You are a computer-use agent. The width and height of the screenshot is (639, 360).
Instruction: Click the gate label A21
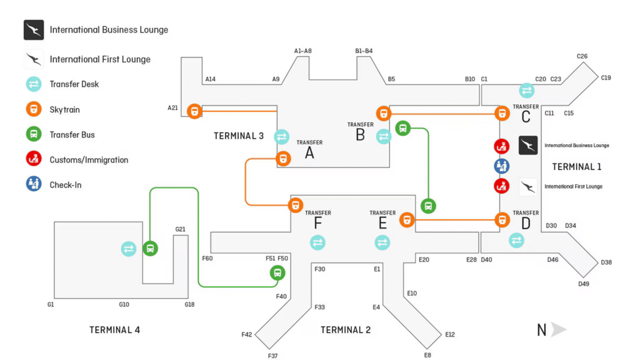pos(173,108)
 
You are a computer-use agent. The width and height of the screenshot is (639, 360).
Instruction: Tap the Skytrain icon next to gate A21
pos(195,111)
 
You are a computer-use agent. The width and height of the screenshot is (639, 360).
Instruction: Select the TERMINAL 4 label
pos(114,330)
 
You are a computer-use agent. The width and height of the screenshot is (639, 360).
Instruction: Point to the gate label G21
pos(181,230)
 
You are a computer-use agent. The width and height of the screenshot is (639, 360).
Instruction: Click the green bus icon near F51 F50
pos(277,273)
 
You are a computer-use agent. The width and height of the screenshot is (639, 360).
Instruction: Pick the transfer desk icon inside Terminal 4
pos(129,249)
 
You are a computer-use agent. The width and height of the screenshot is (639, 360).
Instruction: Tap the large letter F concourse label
pos(318,224)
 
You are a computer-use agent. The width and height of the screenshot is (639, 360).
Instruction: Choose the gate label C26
pos(582,56)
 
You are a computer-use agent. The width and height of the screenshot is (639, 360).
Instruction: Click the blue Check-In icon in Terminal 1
pos(502,166)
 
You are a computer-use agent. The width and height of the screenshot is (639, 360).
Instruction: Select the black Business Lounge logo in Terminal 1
pos(528,145)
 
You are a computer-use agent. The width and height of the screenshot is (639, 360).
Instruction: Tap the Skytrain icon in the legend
pos(34,110)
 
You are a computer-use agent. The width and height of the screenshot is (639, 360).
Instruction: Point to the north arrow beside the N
pos(559,330)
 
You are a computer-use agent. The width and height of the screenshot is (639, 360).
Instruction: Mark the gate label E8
pos(427,355)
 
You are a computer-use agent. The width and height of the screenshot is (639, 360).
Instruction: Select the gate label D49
pos(584,284)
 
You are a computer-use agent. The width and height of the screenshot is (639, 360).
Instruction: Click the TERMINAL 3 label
pos(239,136)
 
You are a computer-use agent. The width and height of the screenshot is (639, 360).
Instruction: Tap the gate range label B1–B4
pos(364,51)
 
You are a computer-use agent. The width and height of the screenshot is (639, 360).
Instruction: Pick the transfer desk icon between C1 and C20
pos(527,90)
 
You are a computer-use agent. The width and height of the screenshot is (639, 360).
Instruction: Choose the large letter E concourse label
pos(382,224)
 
